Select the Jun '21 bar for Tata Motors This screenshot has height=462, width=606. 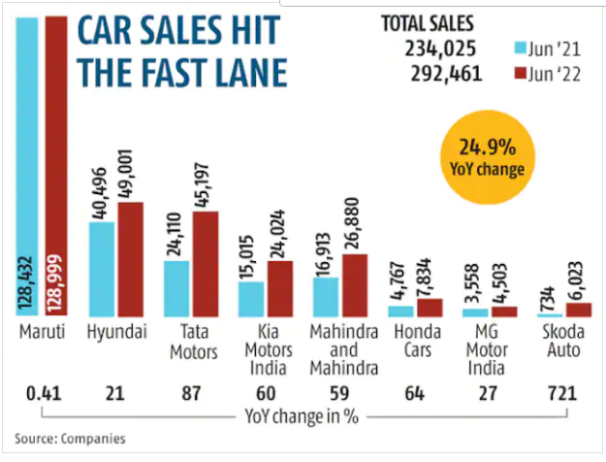click(176, 288)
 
